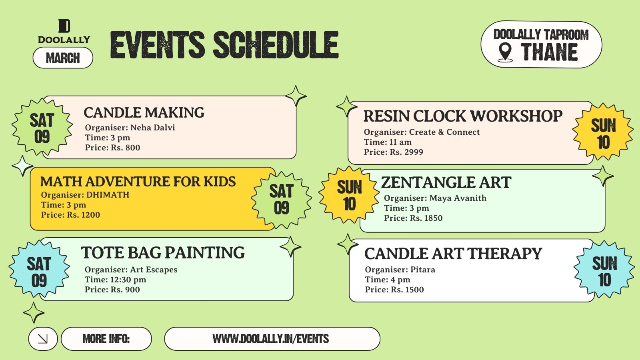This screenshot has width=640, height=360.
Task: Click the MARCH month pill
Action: point(63,58)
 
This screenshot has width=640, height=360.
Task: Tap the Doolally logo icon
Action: point(64,26)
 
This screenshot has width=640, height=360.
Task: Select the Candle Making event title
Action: point(144,112)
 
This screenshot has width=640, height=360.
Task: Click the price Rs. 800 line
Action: point(112,148)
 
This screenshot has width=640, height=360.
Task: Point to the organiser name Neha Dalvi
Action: point(152,128)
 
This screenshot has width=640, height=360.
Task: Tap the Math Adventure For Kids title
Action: point(138,182)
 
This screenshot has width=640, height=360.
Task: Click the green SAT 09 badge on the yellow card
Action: point(282,200)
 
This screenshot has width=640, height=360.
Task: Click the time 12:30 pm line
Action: point(116,280)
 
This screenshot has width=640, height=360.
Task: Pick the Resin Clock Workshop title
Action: point(463,116)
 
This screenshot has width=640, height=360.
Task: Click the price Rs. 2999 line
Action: point(394,152)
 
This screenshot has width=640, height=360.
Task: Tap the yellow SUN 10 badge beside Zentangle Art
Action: point(349,195)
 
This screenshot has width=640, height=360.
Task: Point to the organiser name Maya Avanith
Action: point(458,198)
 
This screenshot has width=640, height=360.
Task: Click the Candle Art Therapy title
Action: point(453,254)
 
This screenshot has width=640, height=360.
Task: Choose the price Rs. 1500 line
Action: point(394,290)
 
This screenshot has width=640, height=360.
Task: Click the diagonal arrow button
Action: point(43,339)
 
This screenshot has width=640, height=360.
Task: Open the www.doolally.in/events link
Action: point(271,339)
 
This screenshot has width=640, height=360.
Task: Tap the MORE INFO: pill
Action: point(106,339)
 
